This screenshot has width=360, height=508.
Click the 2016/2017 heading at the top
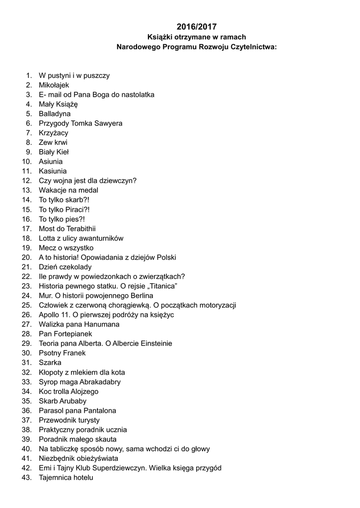[x=196, y=27]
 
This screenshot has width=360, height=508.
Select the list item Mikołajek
[x=54, y=85]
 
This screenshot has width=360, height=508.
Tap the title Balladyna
[x=55, y=114]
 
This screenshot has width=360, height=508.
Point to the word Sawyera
[x=107, y=123]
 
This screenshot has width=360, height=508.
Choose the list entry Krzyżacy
[x=54, y=133]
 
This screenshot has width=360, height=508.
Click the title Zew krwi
[x=53, y=142]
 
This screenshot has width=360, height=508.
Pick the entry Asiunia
[x=51, y=162]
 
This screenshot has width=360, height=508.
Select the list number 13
[x=27, y=190]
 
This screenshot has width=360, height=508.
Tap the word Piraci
[x=76, y=209]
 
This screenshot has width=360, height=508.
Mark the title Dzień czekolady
[x=65, y=267]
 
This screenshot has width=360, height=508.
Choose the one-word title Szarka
[x=50, y=363]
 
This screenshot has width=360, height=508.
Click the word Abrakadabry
[x=100, y=382]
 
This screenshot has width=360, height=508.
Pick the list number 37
[x=27, y=420]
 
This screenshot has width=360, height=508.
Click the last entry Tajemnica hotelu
[x=66, y=478]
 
